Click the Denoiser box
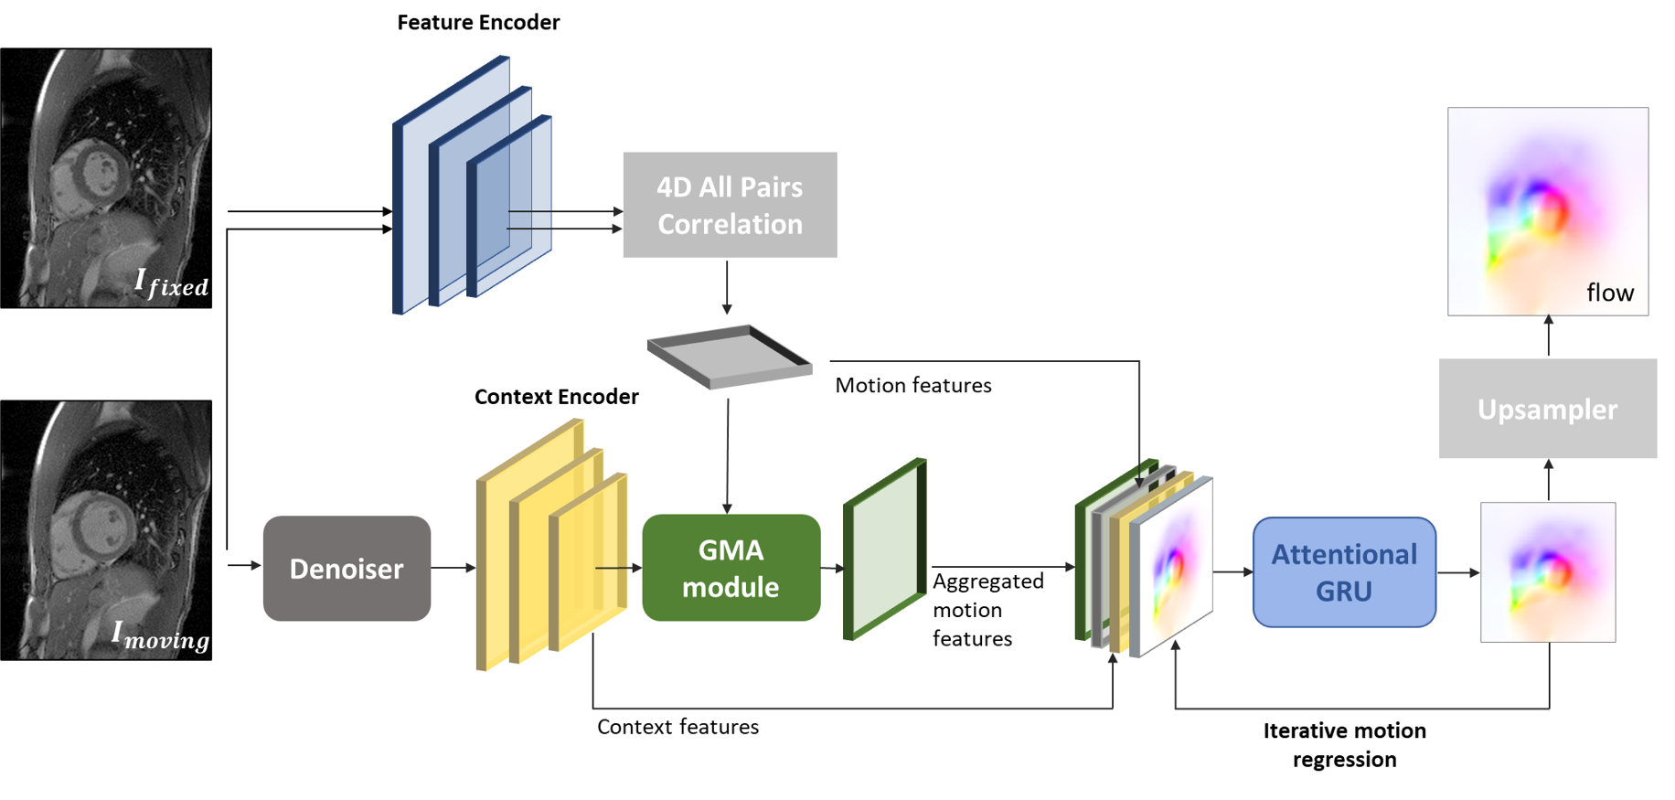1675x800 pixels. point(347,569)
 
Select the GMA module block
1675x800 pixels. point(731,568)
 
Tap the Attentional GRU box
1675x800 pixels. point(1343,572)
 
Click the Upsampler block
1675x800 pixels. point(1547,409)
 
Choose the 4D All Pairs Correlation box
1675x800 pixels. point(730,205)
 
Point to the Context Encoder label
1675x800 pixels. point(556,397)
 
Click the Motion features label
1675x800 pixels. point(912,386)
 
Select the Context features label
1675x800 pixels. point(677,727)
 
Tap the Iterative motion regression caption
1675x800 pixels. point(1344,744)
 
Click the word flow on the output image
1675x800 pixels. point(1609,293)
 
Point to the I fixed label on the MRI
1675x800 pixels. point(171,283)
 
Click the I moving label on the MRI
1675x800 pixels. point(160,635)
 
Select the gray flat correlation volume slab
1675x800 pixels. point(729,357)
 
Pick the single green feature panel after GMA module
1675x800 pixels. point(884,549)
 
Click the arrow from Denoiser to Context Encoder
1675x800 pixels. point(453,568)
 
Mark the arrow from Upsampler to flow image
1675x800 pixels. point(1548,336)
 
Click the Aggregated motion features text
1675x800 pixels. point(987,610)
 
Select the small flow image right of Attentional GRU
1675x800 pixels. point(1547,572)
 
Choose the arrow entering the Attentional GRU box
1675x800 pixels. point(1232,572)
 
